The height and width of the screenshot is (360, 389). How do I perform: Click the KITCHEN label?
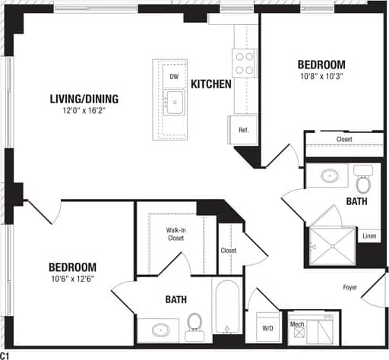point(210,84)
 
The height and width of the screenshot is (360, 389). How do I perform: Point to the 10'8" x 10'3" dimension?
point(321,77)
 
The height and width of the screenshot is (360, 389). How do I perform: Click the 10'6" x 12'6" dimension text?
point(72,279)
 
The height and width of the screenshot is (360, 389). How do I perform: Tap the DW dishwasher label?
point(174,77)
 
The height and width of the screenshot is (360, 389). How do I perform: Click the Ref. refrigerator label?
point(244,130)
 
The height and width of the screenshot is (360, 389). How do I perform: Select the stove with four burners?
point(244,62)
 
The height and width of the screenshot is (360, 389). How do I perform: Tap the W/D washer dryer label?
point(267,328)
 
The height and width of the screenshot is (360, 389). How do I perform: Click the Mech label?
point(297,324)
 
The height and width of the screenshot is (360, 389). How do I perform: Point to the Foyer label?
point(349,287)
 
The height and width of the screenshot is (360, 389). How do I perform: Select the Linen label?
point(369,236)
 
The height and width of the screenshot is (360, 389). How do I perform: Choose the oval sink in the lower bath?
point(161,331)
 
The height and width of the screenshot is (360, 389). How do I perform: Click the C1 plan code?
point(5,355)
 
